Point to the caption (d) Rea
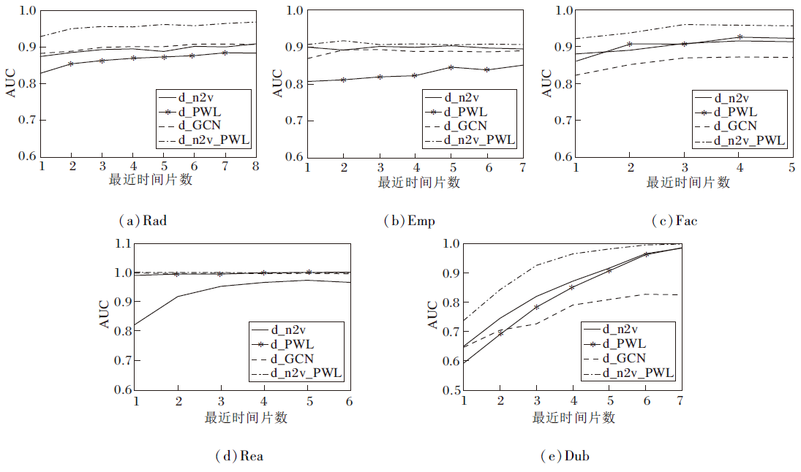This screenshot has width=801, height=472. [x=238, y=457]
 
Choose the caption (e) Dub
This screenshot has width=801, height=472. [x=564, y=457]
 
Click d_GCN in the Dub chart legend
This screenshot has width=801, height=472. [x=623, y=358]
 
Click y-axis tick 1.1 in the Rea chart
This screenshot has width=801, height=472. [x=121, y=243]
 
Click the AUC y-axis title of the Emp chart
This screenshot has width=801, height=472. [x=278, y=83]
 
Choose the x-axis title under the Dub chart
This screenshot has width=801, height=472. [x=574, y=417]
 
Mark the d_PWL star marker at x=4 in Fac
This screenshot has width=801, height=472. [x=740, y=37]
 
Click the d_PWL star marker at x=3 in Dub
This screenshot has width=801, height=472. [x=536, y=307]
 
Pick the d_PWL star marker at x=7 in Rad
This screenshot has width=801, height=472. [x=225, y=53]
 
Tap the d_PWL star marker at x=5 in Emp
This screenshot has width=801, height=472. [x=451, y=67]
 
